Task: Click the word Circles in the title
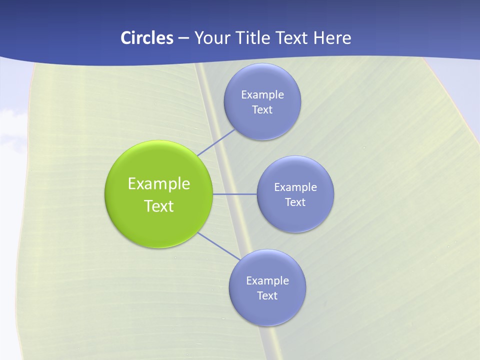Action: [x=147, y=38]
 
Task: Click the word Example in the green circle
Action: [x=159, y=183]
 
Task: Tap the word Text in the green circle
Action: [x=159, y=206]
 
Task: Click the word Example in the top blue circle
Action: [x=262, y=94]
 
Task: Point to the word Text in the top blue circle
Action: [x=262, y=109]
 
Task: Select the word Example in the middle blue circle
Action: [x=295, y=187]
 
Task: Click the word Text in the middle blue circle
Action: [x=295, y=202]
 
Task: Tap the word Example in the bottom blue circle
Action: [x=267, y=280]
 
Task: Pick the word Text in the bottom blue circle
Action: [x=267, y=295]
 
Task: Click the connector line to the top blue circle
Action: [x=216, y=142]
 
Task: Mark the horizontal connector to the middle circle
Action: [x=235, y=194]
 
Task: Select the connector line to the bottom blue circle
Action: [x=219, y=246]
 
